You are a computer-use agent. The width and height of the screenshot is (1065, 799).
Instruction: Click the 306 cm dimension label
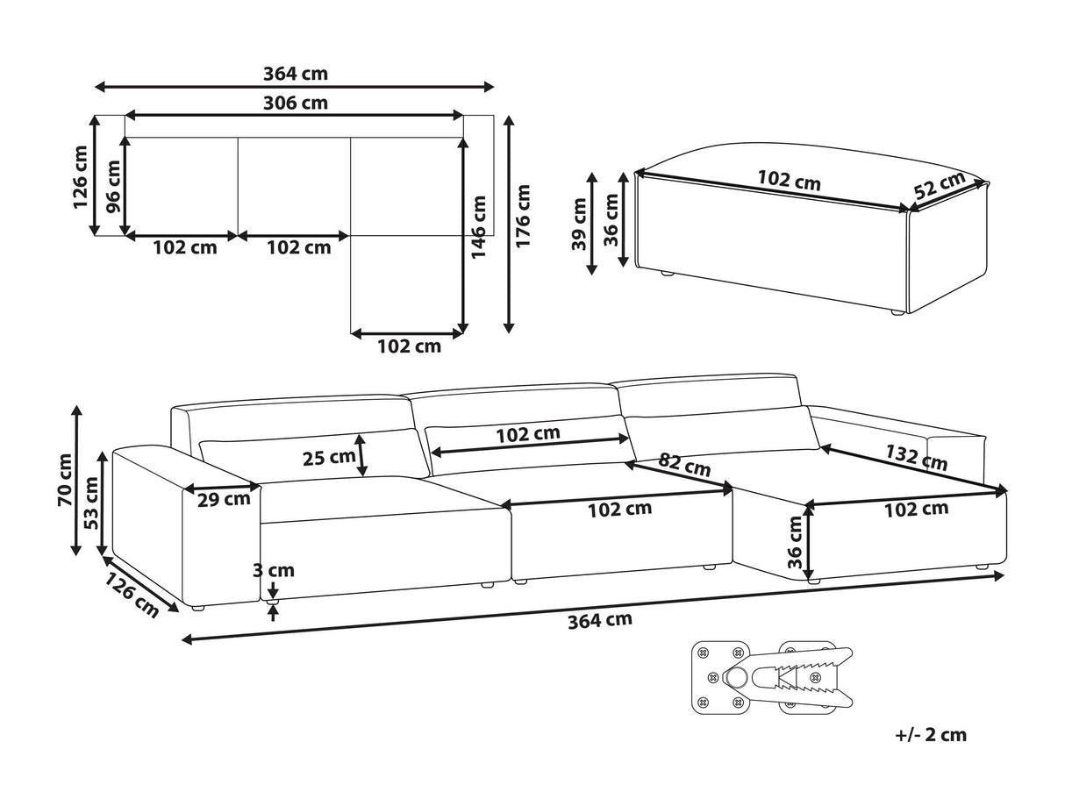pos(295,103)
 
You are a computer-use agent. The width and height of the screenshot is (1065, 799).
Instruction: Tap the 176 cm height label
pos(523,217)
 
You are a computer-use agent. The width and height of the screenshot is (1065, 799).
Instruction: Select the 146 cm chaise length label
pos(478,227)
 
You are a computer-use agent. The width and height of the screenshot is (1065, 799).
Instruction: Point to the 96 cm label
pos(114,188)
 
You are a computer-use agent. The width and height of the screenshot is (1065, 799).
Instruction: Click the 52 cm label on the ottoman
pos(940,185)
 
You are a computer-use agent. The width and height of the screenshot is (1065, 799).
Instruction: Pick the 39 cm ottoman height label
pos(579,225)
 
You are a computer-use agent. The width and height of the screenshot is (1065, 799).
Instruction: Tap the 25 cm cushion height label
pos(329,458)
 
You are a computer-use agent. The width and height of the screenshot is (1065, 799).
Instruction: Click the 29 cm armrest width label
pos(224,499)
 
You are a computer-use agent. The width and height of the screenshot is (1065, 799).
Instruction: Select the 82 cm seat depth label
pos(684,465)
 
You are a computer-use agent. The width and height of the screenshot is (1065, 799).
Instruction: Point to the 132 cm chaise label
pos(917,458)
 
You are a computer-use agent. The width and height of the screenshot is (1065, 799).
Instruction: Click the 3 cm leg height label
pos(274,570)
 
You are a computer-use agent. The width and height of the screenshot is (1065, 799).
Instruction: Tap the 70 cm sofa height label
pos(65,480)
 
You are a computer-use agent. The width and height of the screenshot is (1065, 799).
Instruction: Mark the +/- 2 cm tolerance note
pos(931,734)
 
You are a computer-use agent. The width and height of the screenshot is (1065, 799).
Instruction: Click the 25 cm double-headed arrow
pos(361,455)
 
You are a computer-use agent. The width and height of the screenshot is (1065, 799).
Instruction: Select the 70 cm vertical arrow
pos(76,481)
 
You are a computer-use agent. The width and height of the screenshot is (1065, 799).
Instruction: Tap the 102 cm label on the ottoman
pos(790,181)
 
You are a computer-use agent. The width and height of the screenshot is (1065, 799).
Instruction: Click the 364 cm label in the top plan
pos(295,74)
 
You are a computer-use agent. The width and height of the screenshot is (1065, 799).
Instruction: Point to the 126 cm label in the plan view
pos(81,177)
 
